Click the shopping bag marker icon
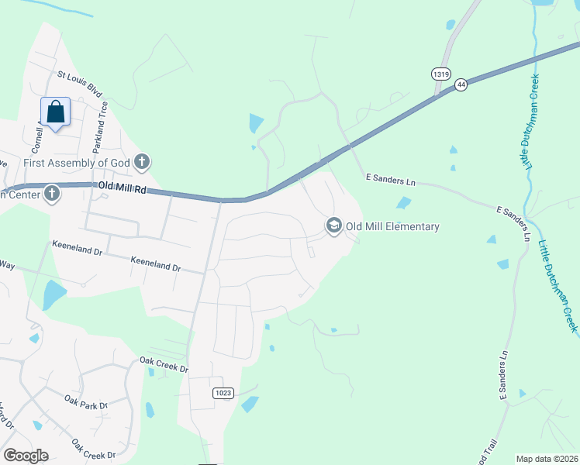pyautogui.click(x=56, y=112)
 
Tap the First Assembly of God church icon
pyautogui.click(x=141, y=162)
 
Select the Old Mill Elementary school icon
pyautogui.click(x=334, y=226)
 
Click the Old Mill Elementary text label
pyautogui.click(x=392, y=227)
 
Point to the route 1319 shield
pyautogui.click(x=440, y=74)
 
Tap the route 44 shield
pyautogui.click(x=461, y=84)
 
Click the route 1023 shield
pyautogui.click(x=223, y=393)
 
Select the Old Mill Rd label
pyautogui.click(x=123, y=188)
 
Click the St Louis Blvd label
pyautogui.click(x=80, y=81)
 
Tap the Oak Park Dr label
pyautogui.click(x=85, y=404)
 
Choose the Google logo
pyautogui.click(x=26, y=456)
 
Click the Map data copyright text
pyautogui.click(x=547, y=459)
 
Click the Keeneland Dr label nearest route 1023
pyautogui.click(x=156, y=264)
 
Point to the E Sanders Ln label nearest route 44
pyautogui.click(x=391, y=180)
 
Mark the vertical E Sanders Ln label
pyautogui.click(x=503, y=376)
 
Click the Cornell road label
pyautogui.click(x=36, y=138)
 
